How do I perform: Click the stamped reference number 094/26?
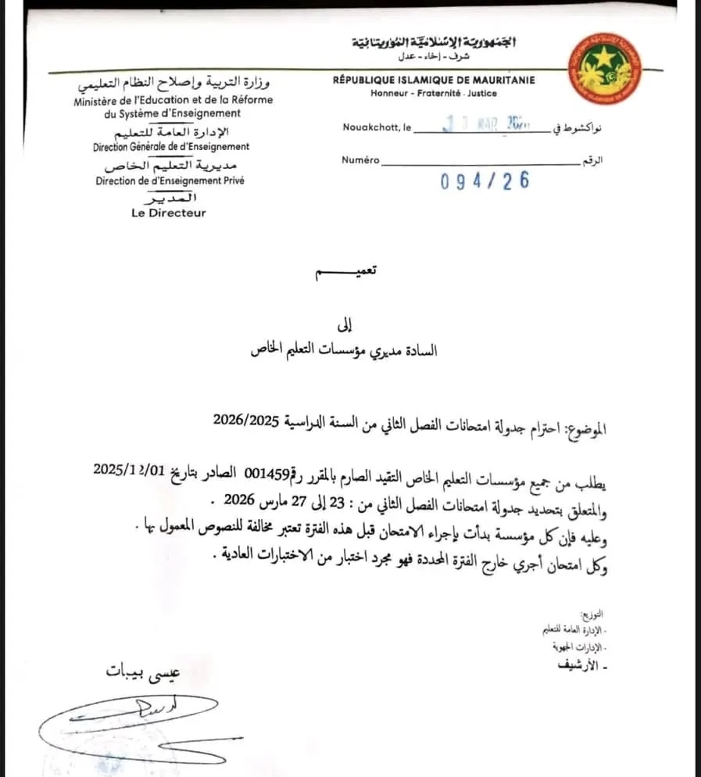coord(485,181)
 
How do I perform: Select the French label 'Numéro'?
coord(360,160)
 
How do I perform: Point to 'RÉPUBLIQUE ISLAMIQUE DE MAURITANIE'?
coord(434,80)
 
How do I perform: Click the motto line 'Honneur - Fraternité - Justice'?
coord(434,93)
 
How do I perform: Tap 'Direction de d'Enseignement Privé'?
coord(170,181)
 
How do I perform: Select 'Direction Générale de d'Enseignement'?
coord(171,146)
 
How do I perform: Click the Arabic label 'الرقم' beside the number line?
coord(593,160)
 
